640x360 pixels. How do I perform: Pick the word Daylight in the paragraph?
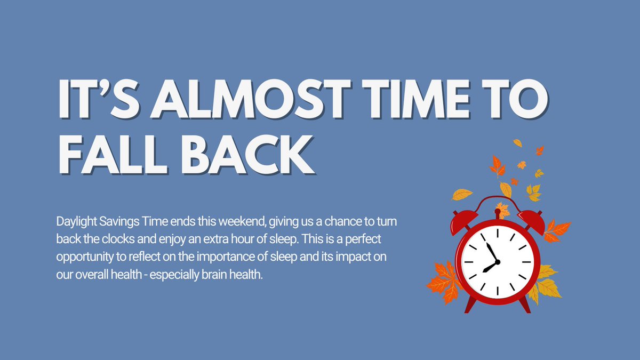(x=75, y=221)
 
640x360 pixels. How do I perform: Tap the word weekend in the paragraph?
(x=236, y=221)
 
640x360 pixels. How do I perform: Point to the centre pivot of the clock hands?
(x=497, y=262)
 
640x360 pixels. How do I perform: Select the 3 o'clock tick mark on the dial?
(x=527, y=262)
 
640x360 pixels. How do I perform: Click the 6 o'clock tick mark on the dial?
(x=497, y=291)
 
